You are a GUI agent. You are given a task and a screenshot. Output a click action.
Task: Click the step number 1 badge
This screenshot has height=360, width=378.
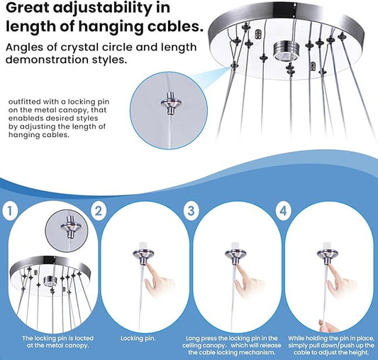pyautogui.click(x=10, y=211)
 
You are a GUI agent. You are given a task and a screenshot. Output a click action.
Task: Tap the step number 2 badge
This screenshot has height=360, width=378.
pyautogui.click(x=99, y=211)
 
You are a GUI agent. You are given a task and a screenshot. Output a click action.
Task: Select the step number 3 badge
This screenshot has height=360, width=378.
pyautogui.click(x=191, y=210)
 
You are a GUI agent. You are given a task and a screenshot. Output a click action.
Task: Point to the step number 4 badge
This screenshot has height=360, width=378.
pyautogui.click(x=283, y=210)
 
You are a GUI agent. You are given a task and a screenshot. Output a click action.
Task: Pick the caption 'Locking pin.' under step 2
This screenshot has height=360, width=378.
pyautogui.click(x=138, y=338)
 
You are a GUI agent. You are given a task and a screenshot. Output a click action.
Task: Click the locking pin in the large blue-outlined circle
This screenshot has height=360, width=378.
pyautogui.click(x=171, y=103)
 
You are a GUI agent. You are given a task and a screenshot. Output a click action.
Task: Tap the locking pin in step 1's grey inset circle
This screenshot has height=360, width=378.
pyautogui.click(x=71, y=227)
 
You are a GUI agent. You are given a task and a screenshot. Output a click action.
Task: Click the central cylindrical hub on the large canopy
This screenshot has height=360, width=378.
pyautogui.click(x=284, y=51)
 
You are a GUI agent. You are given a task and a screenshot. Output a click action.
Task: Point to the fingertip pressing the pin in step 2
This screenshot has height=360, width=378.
pyautogui.click(x=148, y=266)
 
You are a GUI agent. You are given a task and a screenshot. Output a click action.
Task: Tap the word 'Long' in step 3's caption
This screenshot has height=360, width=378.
pyautogui.click(x=193, y=339)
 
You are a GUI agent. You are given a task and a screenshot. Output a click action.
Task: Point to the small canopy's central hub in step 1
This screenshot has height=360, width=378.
pyautogui.click(x=50, y=281)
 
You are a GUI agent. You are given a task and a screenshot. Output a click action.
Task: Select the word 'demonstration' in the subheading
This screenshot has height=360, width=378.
pyautogui.click(x=48, y=60)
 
